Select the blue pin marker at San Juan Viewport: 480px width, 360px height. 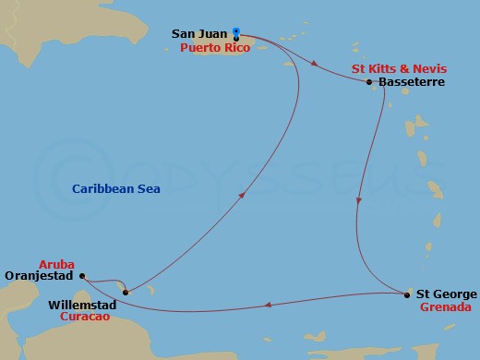[236, 33]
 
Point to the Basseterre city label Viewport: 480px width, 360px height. [412, 82]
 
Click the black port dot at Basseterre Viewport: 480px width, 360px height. [369, 82]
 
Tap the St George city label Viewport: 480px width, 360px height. [447, 294]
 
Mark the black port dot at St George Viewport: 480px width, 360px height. [407, 294]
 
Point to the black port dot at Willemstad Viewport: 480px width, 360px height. [125, 292]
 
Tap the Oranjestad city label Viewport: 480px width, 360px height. [39, 275]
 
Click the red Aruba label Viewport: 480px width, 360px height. [55, 262]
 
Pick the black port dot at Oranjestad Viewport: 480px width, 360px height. [81, 275]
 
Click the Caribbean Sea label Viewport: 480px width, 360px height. [116, 188]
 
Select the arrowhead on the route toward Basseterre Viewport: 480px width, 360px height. [317, 65]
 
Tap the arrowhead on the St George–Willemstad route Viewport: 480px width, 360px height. [266, 304]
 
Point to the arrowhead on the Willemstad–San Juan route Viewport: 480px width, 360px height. [242, 195]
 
